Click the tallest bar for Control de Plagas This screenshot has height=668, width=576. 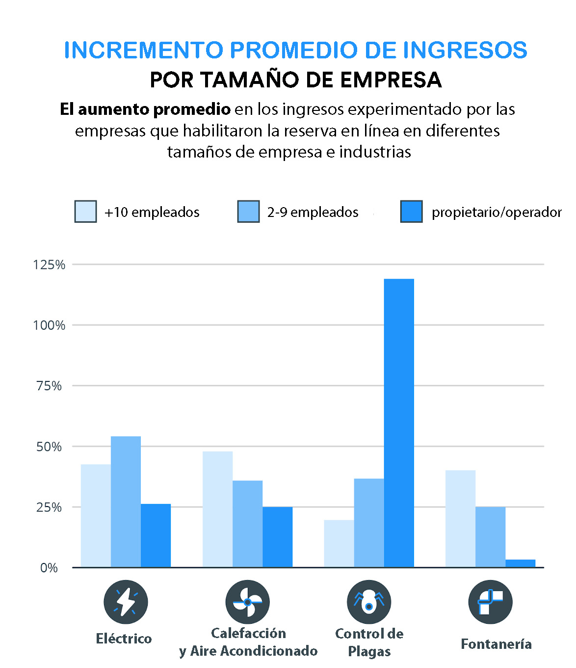(x=399, y=423)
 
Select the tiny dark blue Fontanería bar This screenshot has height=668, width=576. (x=520, y=563)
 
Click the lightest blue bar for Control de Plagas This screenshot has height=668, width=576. (x=339, y=543)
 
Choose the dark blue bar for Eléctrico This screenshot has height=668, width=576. (x=156, y=535)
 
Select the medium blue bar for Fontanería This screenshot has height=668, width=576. (x=490, y=537)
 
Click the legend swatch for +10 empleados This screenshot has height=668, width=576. (x=85, y=212)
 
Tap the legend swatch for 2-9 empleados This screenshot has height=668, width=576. (x=248, y=212)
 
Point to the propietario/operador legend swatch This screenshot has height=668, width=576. (x=411, y=212)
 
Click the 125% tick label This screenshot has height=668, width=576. (x=49, y=265)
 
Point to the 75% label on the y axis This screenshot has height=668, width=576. (x=49, y=386)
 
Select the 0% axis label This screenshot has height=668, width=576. (x=49, y=568)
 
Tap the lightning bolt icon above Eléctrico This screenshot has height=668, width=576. (x=126, y=602)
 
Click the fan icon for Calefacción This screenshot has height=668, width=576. (x=247, y=602)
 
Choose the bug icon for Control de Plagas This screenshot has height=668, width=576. (x=369, y=602)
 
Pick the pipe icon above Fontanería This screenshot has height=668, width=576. (x=490, y=602)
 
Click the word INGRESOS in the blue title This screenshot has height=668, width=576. (x=465, y=50)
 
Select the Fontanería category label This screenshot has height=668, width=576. (x=496, y=644)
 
